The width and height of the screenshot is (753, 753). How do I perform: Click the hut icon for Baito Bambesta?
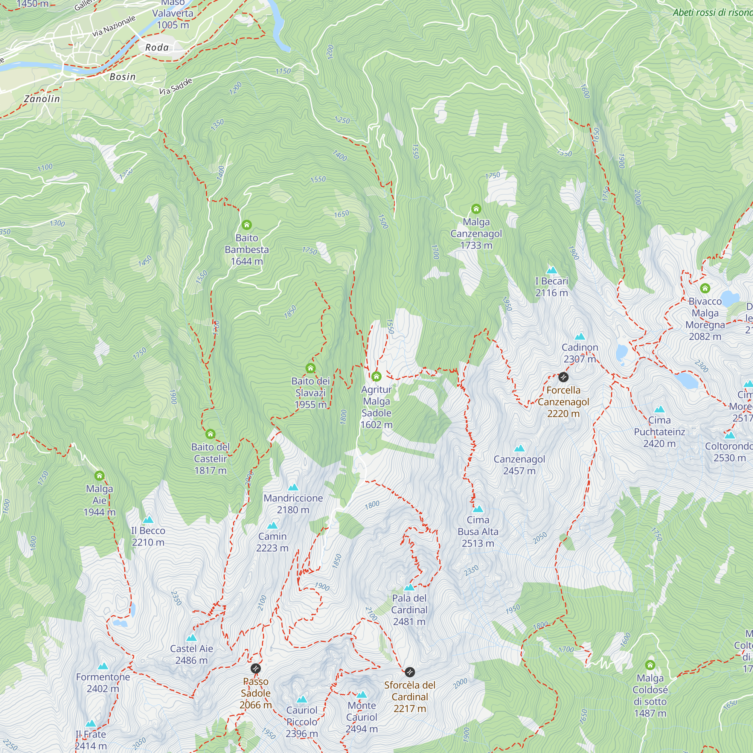(247, 225)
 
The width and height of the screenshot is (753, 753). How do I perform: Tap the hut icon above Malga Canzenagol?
(476, 209)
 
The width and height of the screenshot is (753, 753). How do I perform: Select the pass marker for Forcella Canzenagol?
(563, 377)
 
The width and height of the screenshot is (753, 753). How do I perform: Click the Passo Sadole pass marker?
(255, 669)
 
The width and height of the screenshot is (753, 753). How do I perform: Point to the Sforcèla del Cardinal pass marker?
(409, 672)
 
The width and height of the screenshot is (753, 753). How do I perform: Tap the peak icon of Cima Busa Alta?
(478, 509)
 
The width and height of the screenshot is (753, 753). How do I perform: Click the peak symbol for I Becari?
(552, 270)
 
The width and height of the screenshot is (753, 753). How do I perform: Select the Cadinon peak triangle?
(579, 336)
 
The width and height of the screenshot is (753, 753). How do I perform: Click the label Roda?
(157, 47)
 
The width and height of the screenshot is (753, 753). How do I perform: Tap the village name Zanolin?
(42, 99)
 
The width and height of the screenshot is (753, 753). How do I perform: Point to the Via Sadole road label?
(176, 87)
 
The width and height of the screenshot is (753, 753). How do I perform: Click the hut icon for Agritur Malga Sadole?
(376, 376)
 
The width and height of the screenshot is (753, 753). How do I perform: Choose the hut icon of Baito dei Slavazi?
(310, 368)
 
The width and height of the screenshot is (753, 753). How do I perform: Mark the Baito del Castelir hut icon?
(210, 434)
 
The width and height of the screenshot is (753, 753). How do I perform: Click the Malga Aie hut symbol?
(99, 476)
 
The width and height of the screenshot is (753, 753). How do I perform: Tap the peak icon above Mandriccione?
(293, 487)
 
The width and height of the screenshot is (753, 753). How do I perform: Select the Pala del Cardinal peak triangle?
(409, 587)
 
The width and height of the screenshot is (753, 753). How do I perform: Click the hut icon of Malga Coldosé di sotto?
(650, 665)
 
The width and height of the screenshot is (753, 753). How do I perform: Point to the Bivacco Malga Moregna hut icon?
(705, 288)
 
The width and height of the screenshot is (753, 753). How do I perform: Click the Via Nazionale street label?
(114, 26)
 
